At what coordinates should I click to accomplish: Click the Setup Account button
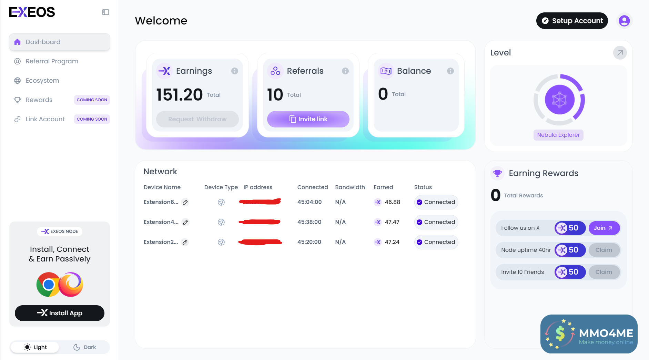[x=572, y=21]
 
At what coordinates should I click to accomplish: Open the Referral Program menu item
[x=52, y=61]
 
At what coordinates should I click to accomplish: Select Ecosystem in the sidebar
[x=42, y=81]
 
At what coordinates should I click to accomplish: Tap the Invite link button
[x=308, y=119]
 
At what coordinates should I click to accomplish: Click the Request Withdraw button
[x=197, y=119]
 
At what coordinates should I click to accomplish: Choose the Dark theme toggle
[x=85, y=347]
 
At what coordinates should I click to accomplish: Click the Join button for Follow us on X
[x=604, y=228]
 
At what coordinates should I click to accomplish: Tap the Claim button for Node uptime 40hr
[x=604, y=250]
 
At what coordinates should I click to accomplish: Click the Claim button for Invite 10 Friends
[x=604, y=272]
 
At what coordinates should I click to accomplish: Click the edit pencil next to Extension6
[x=185, y=202]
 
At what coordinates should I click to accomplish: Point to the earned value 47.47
[x=392, y=222]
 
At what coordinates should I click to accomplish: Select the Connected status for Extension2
[x=436, y=242]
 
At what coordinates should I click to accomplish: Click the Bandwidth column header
[x=350, y=187]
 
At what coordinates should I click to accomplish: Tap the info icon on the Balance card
[x=450, y=71]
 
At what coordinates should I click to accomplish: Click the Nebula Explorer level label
[x=558, y=135]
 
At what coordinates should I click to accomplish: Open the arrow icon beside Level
[x=620, y=53]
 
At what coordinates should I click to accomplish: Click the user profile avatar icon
[x=624, y=21]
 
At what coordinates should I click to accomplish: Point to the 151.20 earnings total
[x=180, y=95]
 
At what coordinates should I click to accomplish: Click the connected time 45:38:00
[x=309, y=222]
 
